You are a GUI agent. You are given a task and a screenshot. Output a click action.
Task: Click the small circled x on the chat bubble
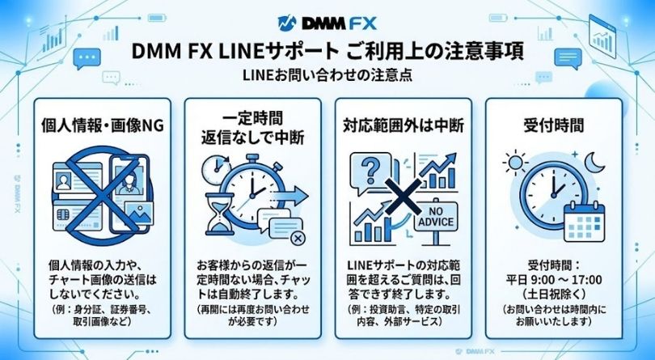[298, 237]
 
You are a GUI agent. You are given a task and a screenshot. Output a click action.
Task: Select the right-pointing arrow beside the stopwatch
[298, 194]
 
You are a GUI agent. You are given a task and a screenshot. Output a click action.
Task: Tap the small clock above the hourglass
[213, 168]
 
